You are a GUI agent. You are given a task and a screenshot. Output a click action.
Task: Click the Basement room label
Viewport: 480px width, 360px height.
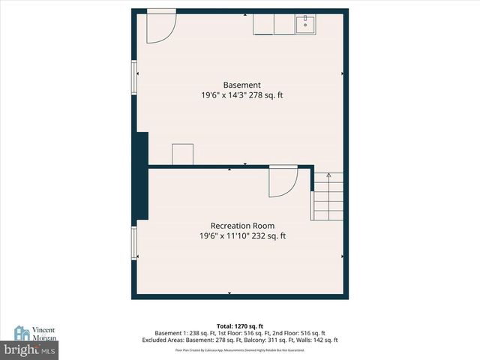(x=241, y=85)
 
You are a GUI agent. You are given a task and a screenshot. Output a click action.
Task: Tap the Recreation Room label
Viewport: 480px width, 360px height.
(x=241, y=226)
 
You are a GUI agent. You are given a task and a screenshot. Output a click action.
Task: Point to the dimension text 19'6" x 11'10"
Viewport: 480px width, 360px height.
(x=223, y=236)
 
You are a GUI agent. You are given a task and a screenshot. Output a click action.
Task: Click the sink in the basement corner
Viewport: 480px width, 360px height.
(x=306, y=24)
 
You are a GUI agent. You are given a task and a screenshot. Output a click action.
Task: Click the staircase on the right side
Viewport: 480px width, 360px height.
(x=328, y=196)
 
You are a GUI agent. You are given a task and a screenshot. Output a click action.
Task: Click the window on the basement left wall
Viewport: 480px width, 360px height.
(x=135, y=78)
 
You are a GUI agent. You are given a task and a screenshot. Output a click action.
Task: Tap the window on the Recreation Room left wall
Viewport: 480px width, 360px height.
(x=135, y=243)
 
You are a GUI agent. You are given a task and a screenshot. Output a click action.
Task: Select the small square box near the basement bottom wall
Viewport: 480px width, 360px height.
(x=184, y=154)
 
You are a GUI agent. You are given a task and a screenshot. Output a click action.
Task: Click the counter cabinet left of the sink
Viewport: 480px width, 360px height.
(x=273, y=24)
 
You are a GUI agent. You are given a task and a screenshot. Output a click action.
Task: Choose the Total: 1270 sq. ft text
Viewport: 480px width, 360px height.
(x=241, y=325)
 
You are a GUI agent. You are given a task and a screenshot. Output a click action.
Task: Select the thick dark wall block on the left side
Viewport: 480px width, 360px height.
(x=140, y=176)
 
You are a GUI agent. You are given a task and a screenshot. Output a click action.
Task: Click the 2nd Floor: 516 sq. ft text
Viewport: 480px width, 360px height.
(x=298, y=333)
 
